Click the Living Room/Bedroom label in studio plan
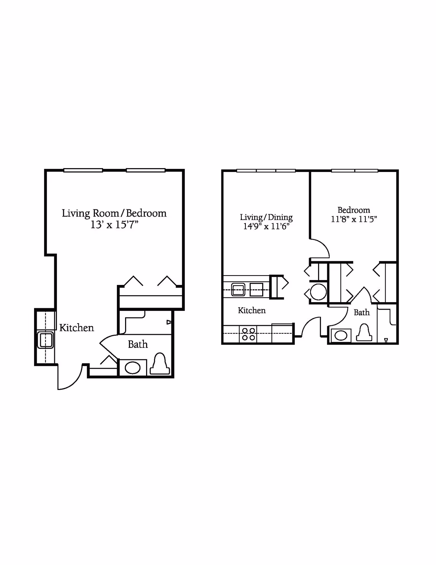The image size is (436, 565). click(x=114, y=213)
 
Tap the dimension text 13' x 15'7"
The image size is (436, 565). click(x=114, y=225)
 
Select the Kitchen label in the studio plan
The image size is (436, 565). click(x=77, y=328)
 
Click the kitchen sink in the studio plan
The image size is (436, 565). click(x=46, y=340)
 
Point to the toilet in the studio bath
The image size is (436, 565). click(x=160, y=365)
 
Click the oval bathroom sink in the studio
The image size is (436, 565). click(x=132, y=368)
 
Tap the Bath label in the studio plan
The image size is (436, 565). click(x=138, y=344)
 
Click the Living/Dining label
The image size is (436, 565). click(x=266, y=217)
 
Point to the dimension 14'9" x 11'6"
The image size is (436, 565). click(x=266, y=227)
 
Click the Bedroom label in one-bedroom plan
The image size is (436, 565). click(x=354, y=210)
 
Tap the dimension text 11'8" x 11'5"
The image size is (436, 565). click(x=354, y=219)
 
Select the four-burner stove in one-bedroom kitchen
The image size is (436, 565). click(x=249, y=334)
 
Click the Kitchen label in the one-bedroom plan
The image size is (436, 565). click(x=252, y=310)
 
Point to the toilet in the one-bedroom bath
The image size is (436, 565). click(x=364, y=333)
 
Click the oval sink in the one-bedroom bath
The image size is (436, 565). click(x=341, y=335)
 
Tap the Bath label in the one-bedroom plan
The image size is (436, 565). click(x=362, y=312)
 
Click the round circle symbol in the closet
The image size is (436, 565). click(x=318, y=292)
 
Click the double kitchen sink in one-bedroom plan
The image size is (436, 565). click(x=247, y=290)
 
